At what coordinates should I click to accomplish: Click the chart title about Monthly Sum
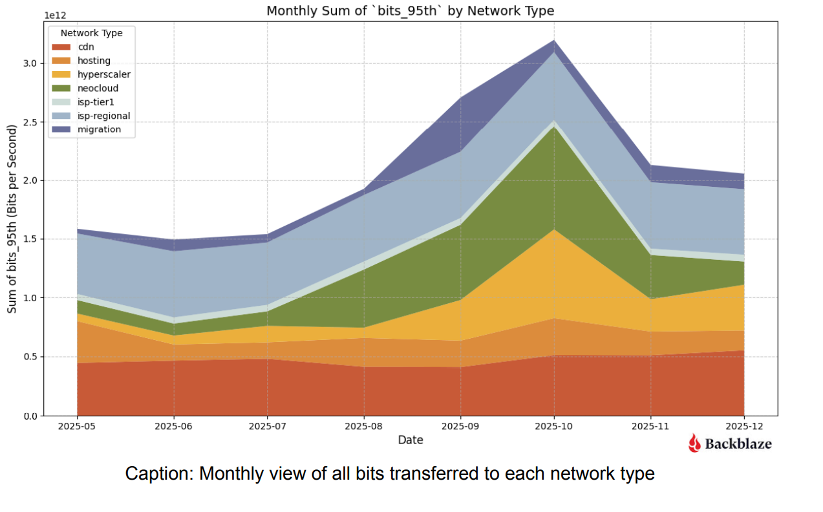[411, 11]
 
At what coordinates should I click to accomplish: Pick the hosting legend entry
[94, 61]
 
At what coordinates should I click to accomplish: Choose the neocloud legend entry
[97, 88]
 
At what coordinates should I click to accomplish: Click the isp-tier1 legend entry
[96, 102]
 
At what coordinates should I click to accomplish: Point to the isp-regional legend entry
[103, 116]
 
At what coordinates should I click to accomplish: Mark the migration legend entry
[98, 129]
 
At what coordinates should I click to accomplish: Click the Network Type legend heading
[91, 32]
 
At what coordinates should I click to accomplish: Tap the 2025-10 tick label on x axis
[553, 427]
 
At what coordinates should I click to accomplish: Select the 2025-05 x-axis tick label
[77, 427]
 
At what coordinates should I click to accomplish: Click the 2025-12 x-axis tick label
[744, 427]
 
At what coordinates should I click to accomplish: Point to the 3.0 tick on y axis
[30, 63]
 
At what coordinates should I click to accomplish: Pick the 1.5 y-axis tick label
[30, 239]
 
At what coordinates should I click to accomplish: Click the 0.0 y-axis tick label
[30, 416]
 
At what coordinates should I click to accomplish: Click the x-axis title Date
[411, 440]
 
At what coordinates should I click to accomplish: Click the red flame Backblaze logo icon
[694, 443]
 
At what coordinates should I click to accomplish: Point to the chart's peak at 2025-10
[553, 40]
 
